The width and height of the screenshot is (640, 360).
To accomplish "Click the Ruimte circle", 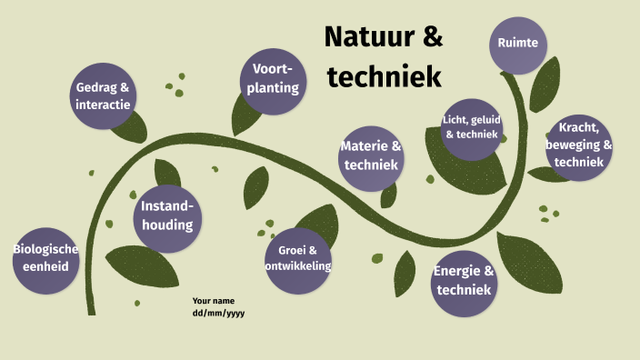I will point(518,43).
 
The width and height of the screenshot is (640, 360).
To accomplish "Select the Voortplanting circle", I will point(273,80).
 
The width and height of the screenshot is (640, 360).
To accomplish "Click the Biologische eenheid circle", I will point(45,258).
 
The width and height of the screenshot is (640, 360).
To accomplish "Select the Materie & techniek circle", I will point(371,156).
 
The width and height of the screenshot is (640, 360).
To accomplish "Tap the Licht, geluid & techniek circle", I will point(472,127).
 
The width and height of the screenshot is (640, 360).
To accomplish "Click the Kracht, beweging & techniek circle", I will point(579,145).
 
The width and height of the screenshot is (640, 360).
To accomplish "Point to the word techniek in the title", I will point(384,76).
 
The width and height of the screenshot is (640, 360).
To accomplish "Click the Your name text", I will point(214,300).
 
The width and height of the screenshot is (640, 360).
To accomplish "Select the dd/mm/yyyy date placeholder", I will point(218,313).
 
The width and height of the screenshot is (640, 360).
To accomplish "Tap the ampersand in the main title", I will point(432,38).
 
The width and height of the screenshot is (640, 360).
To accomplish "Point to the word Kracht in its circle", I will point(577,128).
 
